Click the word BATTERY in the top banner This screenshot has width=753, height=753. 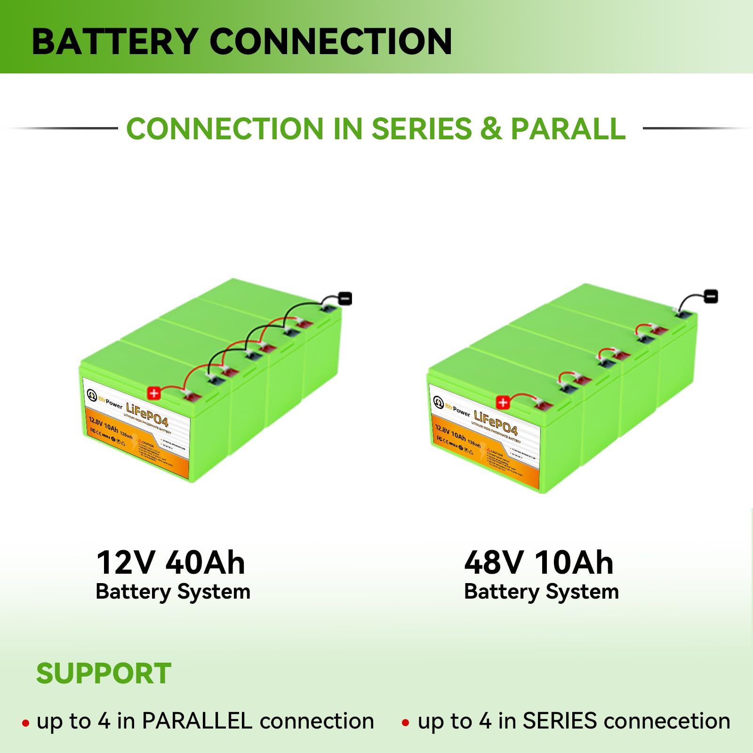(x=114, y=42)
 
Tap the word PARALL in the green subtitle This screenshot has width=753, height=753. (x=568, y=129)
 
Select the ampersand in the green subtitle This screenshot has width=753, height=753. (x=491, y=129)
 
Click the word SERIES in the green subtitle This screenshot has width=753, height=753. (x=422, y=129)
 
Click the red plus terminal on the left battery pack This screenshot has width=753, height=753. (x=154, y=393)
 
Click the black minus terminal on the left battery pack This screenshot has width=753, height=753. (x=345, y=298)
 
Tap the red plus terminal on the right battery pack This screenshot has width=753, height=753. (x=503, y=402)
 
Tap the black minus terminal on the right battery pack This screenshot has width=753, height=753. (x=711, y=296)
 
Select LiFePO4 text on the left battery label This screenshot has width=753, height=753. (x=147, y=414)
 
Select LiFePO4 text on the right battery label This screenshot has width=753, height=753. (x=496, y=423)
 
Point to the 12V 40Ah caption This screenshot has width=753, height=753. (x=170, y=563)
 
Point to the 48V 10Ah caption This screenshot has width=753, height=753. (x=539, y=563)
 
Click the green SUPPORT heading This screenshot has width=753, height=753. (x=104, y=673)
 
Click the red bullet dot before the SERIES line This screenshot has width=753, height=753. (x=405, y=723)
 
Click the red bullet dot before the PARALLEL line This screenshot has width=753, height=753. (x=25, y=723)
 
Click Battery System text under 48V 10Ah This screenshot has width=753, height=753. (x=541, y=592)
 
